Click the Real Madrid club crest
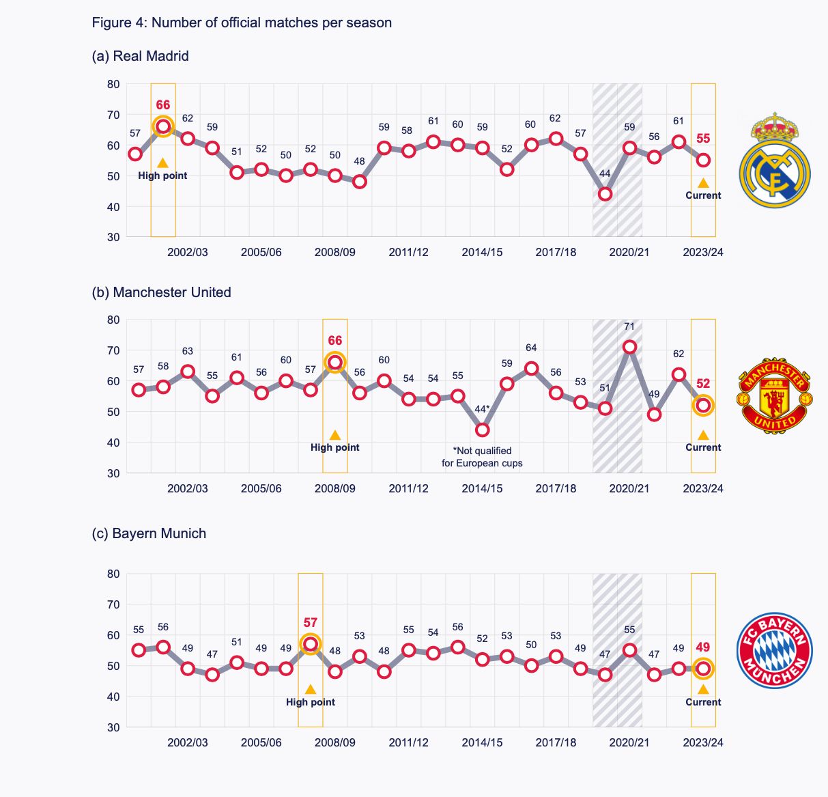tap(775, 161)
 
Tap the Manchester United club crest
tap(775, 395)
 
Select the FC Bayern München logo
tap(775, 649)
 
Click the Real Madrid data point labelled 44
tap(605, 194)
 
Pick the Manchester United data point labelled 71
tap(629, 347)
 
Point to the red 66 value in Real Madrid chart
tap(163, 105)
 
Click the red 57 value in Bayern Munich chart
tap(311, 623)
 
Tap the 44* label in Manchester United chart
tap(482, 410)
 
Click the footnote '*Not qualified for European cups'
tap(482, 457)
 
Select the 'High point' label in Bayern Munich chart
tap(311, 702)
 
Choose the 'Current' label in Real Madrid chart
tap(703, 195)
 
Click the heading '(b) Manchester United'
tap(161, 292)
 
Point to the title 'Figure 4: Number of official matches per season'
tap(242, 23)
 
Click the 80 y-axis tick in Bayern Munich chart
tap(113, 574)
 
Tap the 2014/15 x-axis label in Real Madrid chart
tap(482, 252)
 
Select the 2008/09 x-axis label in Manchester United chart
tap(334, 488)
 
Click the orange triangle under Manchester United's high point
tap(335, 436)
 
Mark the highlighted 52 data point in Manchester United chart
tap(703, 406)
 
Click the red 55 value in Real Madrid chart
tap(703, 139)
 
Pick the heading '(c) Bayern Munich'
tap(149, 533)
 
